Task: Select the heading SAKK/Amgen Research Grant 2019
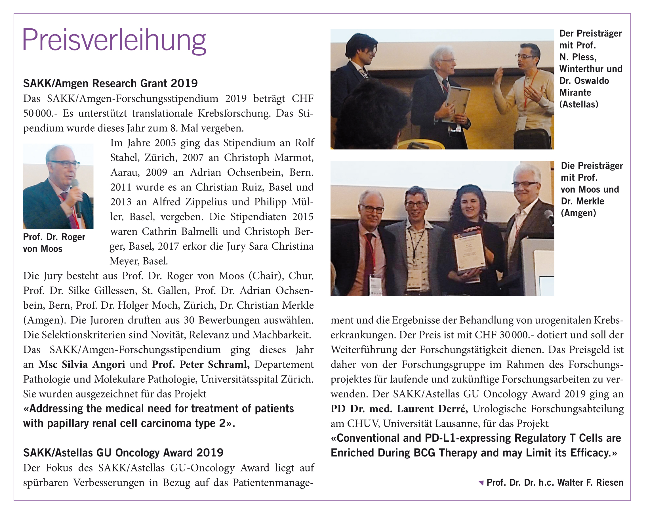tap(110, 83)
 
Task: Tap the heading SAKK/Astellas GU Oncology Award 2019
tap(123, 453)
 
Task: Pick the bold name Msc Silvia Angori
tap(82, 364)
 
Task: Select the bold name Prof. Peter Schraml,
tap(201, 364)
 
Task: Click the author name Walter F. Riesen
tap(590, 483)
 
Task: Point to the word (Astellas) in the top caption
tap(578, 104)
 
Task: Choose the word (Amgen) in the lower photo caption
tap(578, 213)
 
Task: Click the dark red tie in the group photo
tap(369, 258)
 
